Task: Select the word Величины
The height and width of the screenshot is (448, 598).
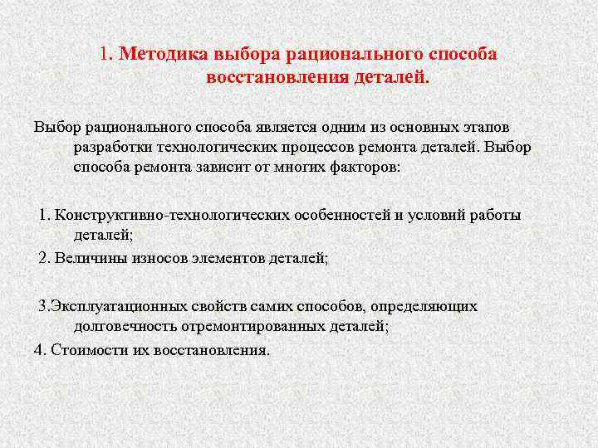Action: pos(87,258)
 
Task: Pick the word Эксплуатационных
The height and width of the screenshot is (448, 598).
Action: pos(115,306)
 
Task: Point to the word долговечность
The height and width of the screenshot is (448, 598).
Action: pos(121,326)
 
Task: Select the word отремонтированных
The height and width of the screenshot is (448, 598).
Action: pos(242,326)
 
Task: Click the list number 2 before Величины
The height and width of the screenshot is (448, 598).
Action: pos(45,258)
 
